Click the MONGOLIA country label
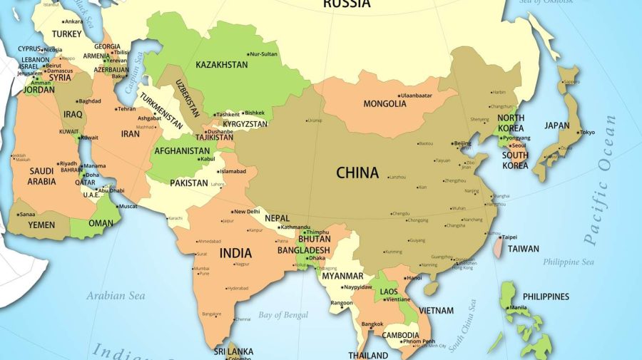click(x=384, y=104)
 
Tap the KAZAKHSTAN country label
click(x=221, y=65)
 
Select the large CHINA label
click(x=357, y=173)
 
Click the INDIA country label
click(x=235, y=253)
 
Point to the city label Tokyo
click(x=587, y=133)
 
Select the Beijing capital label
click(x=462, y=143)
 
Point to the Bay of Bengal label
click(x=283, y=315)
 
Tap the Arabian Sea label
click(x=116, y=295)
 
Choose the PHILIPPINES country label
click(x=546, y=297)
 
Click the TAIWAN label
click(x=524, y=249)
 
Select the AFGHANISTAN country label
click(x=183, y=151)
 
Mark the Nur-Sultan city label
click(x=265, y=54)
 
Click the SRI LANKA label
click(x=233, y=351)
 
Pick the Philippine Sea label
click(x=569, y=262)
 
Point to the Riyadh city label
click(x=68, y=163)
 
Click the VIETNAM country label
click(x=436, y=310)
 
